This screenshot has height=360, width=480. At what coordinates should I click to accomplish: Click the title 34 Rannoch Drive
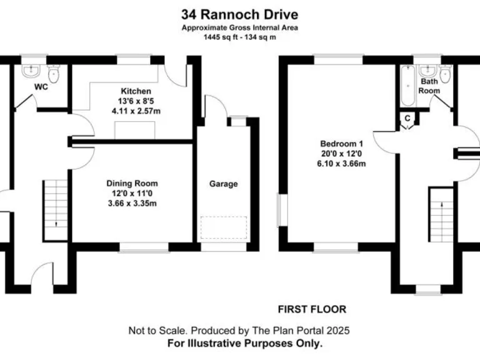tap(239, 14)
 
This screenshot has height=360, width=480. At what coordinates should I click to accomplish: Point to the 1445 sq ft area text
tap(239, 37)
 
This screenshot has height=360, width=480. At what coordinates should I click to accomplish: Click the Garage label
tap(223, 184)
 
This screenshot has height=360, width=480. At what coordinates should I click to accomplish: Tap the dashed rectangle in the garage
tap(224, 227)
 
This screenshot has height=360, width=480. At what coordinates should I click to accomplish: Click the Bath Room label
tap(429, 86)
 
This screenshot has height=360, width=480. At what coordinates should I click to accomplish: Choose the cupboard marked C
tap(407, 117)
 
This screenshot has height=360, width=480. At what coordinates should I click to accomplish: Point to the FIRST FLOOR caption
tap(311, 309)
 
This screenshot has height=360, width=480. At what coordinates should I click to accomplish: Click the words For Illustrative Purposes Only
tap(245, 344)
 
